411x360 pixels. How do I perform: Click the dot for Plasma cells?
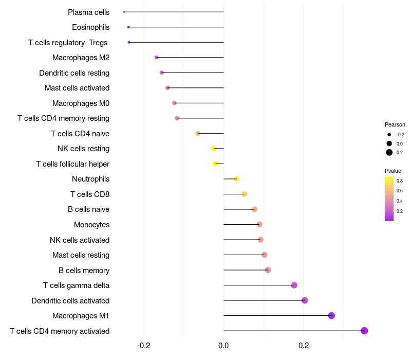(x=124, y=12)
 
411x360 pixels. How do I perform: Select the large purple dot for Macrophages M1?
(x=331, y=316)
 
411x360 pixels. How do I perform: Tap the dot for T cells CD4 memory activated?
(x=364, y=331)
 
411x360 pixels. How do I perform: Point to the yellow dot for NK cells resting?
(x=214, y=149)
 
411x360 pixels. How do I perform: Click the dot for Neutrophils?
(x=237, y=179)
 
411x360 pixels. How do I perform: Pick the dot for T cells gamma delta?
(x=294, y=285)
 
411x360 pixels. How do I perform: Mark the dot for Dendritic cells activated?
(x=305, y=300)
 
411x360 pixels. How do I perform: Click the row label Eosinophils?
(x=90, y=27)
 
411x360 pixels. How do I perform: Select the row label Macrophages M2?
(x=81, y=58)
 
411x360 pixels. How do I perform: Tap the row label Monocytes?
(x=91, y=225)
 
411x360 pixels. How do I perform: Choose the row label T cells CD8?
(x=89, y=194)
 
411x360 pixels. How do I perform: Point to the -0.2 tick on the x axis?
(x=144, y=345)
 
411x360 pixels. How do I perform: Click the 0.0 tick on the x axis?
(x=223, y=345)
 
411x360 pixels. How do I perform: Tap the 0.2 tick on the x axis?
(x=304, y=345)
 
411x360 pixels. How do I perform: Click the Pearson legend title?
(x=395, y=124)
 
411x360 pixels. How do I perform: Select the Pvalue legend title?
(x=393, y=171)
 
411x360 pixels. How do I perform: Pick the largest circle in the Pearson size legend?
(x=389, y=152)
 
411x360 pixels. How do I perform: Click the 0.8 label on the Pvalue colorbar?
(x=399, y=181)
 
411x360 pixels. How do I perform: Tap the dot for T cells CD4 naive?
(x=198, y=134)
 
